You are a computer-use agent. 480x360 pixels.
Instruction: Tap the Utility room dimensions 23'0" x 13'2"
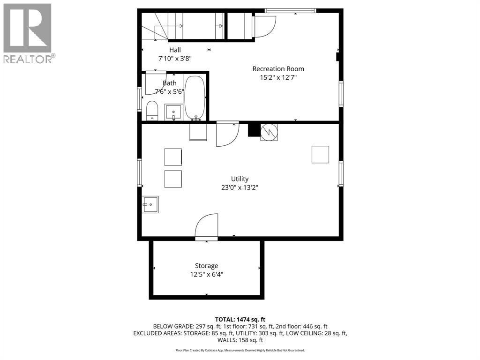[240, 187]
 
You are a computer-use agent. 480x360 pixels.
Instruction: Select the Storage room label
[207, 266]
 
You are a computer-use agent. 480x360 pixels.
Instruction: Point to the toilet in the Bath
[152, 111]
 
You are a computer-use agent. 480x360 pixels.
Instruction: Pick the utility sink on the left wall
[150, 204]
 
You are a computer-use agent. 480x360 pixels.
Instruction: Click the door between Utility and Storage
[207, 227]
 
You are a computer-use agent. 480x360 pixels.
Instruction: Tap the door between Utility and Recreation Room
[227, 134]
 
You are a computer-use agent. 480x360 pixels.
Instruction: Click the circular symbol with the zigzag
[269, 131]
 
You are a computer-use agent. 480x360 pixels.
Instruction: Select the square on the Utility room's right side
[320, 155]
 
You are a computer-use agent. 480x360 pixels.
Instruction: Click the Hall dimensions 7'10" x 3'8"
[175, 59]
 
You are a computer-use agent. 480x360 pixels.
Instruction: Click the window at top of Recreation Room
[291, 11]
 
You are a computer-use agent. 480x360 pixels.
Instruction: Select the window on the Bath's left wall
[140, 99]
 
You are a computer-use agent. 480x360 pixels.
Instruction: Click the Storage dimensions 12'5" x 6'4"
[207, 275]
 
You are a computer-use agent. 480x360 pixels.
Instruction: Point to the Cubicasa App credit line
[240, 350]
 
